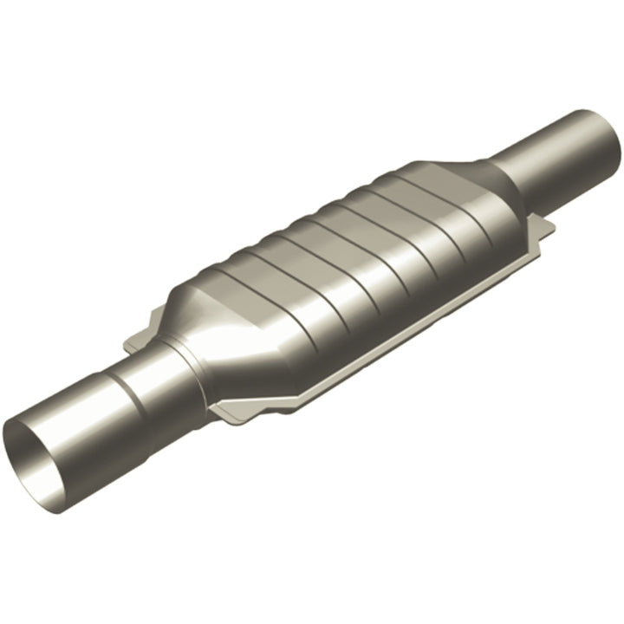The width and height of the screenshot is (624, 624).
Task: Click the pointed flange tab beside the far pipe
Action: tap(546, 230)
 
